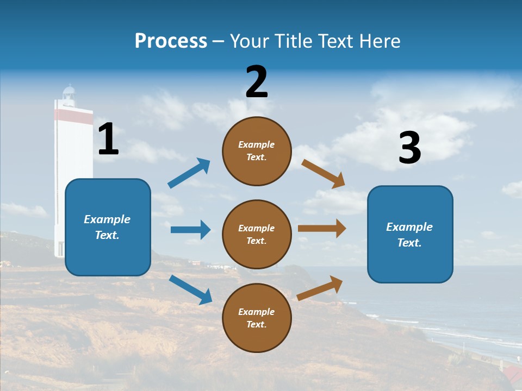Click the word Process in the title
click(171, 41)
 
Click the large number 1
click(108, 139)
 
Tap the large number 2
click(257, 82)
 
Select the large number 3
click(409, 148)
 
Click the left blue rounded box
click(108, 227)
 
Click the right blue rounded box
click(410, 234)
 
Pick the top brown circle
click(257, 151)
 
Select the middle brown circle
click(257, 234)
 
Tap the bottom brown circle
click(257, 318)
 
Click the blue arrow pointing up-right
click(189, 173)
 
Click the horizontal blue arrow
click(190, 230)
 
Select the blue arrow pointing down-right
click(190, 289)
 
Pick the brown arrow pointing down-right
click(324, 173)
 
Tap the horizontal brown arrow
click(322, 229)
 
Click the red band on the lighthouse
click(73, 115)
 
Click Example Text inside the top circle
click(257, 151)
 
